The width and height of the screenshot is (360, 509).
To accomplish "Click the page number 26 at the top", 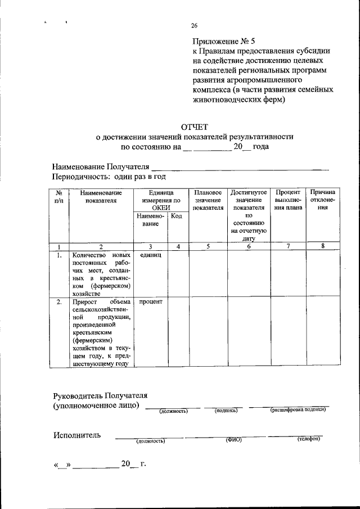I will tap(194, 25).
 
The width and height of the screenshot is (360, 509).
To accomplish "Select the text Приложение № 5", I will tap(224, 41).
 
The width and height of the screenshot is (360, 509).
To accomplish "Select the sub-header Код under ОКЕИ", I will tap(177, 217).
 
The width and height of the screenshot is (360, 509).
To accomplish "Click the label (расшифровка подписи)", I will tap(298, 409).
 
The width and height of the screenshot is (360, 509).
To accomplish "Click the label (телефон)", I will tap(308, 439).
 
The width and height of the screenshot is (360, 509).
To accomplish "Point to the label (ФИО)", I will tap(233, 439).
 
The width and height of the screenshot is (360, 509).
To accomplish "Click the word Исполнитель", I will tap(77, 435).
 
